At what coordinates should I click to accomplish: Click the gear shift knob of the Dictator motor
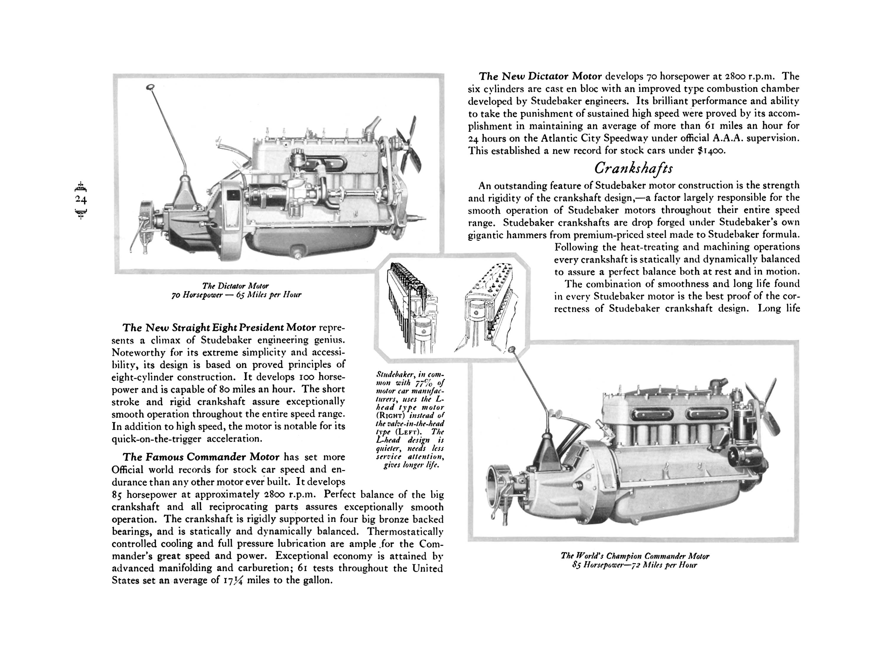click(151, 87)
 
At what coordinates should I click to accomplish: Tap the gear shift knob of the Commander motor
click(512, 350)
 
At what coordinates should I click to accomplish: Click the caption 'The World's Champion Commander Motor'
click(635, 556)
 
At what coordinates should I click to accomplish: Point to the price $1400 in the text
click(711, 151)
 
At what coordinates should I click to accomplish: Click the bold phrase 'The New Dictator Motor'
click(540, 76)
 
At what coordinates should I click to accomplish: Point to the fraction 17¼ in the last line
click(233, 581)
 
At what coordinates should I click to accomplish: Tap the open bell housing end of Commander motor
click(496, 485)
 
